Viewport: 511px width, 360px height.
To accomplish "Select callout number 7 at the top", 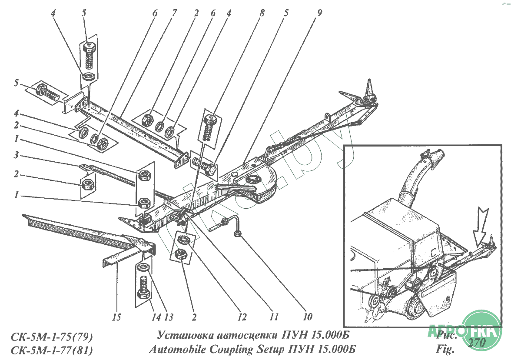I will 174,13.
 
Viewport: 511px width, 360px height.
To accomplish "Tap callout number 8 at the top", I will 262,13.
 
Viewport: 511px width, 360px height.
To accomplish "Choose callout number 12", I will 242,317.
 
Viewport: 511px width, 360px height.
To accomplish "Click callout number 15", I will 116,317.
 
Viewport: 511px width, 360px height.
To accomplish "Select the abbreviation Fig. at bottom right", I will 445,349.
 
